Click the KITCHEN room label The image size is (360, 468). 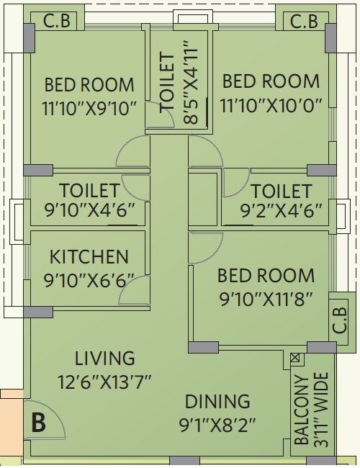coord(89,256)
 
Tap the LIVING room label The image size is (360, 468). coord(105,358)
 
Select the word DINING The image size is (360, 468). coord(217,401)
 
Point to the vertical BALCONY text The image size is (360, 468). coord(302,410)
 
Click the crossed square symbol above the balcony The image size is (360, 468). coord(294,358)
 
